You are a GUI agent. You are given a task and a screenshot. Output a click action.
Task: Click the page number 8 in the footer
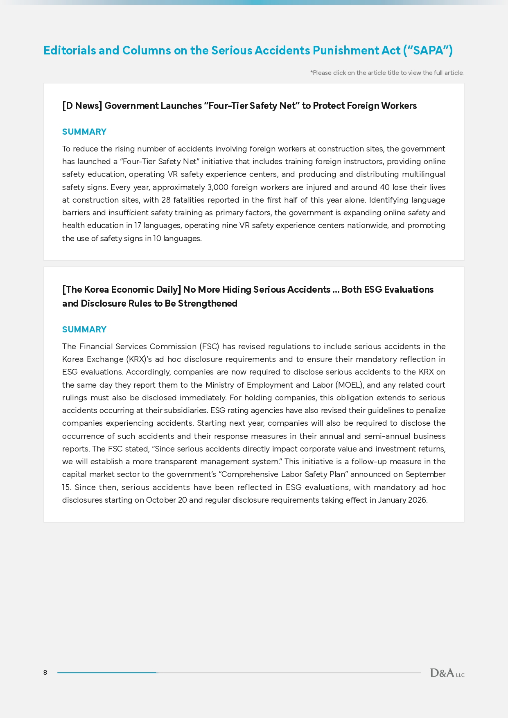pos(45,673)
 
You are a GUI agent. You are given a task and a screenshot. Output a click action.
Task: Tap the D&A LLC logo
pos(447,673)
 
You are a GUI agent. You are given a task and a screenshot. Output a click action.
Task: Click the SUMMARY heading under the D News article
pos(84,132)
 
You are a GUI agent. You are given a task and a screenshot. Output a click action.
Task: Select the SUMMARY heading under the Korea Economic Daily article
pos(84,330)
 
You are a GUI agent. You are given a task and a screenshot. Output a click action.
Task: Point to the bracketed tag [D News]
pos(82,106)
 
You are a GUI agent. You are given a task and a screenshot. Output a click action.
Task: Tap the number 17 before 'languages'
pos(138,226)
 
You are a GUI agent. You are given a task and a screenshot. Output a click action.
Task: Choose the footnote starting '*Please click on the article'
pos(387,73)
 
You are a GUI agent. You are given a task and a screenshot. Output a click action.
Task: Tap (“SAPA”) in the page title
pos(428,50)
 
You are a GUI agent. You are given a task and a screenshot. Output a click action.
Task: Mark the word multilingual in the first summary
pos(423,174)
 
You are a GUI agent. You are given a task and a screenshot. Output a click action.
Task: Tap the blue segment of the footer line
pos(107,673)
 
